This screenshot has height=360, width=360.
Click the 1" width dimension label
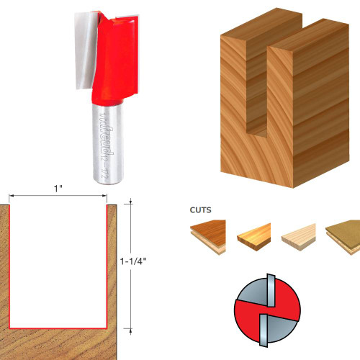click(x=58, y=188)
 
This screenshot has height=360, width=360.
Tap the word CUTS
click(x=201, y=212)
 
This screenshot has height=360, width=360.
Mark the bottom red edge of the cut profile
click(x=58, y=326)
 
